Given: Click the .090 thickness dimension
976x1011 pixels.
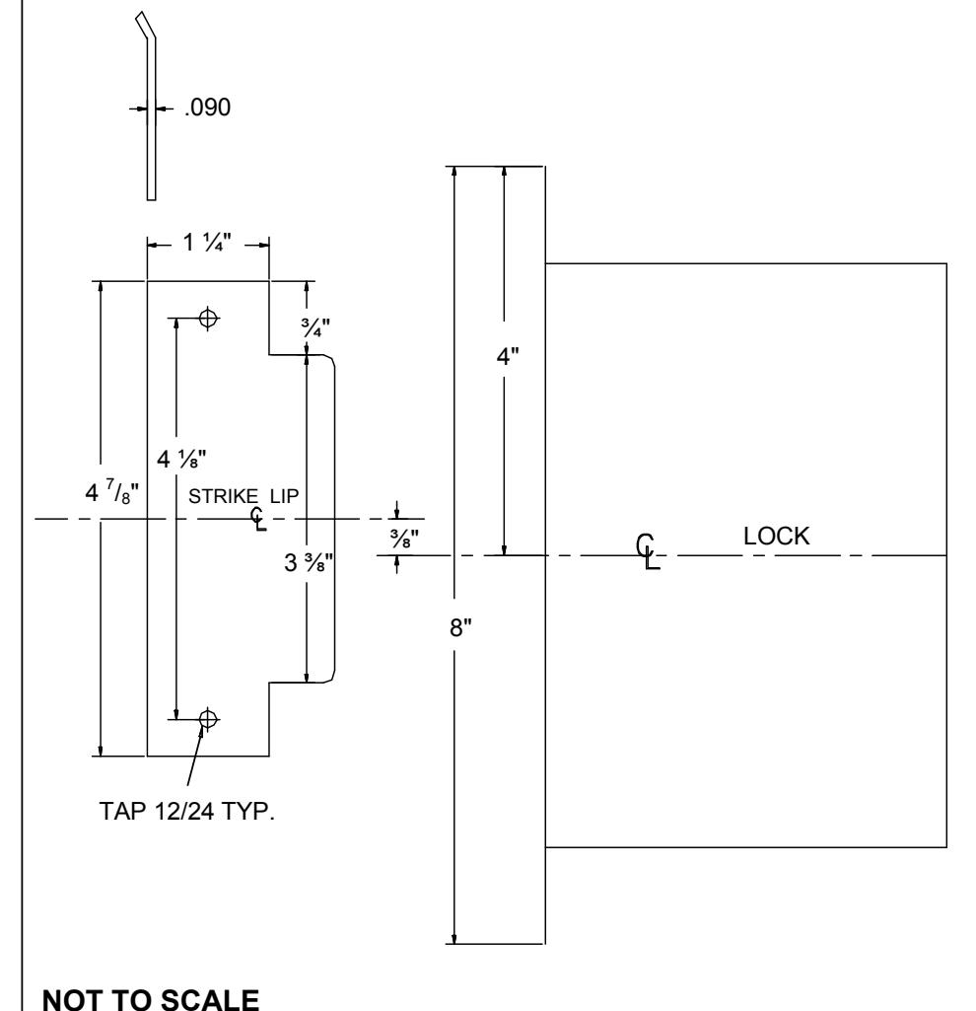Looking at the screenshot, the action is [207, 108].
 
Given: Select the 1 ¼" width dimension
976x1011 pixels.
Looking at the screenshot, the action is [206, 243].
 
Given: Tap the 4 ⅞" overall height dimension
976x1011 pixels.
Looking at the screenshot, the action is [112, 492].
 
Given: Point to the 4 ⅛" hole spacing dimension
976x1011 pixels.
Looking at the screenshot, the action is [181, 459].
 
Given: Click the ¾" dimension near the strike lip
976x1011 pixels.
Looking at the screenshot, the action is [315, 327].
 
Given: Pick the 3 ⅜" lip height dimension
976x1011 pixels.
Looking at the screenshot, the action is [309, 562].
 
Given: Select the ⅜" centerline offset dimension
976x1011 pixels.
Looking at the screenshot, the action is [404, 539].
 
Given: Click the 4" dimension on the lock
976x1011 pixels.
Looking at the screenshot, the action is [508, 356].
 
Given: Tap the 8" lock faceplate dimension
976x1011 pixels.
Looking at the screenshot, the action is [460, 626].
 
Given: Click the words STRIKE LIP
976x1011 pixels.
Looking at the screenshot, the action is [244, 496].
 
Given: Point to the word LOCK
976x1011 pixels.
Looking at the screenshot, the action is [776, 536].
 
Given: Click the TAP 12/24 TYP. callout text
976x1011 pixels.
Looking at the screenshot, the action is [187, 811].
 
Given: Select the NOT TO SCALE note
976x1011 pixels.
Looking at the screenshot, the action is [151, 999].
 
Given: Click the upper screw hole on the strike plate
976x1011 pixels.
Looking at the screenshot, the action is [208, 318].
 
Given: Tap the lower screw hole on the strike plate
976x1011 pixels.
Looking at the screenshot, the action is [208, 718].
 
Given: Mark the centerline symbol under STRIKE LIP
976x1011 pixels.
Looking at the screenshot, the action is [258, 519].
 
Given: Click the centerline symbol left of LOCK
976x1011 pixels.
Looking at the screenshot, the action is [648, 552].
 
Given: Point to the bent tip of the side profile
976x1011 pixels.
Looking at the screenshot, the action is [144, 26].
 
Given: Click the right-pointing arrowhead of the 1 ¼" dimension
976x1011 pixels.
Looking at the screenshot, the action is [264, 245].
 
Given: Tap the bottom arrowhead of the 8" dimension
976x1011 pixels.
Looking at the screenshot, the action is [454, 939].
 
